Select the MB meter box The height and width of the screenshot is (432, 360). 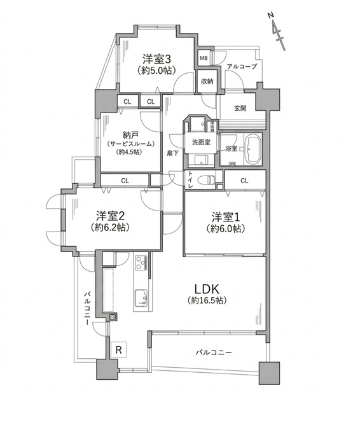204,59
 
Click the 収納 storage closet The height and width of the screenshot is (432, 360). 207,81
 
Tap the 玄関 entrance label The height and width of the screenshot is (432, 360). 240,108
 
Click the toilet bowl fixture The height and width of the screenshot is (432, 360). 204,180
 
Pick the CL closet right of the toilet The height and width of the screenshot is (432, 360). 245,182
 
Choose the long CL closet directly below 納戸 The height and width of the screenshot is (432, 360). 125,181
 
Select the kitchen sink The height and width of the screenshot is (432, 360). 140,295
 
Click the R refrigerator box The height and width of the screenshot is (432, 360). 118,349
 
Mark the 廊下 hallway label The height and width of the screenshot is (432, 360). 172,153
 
